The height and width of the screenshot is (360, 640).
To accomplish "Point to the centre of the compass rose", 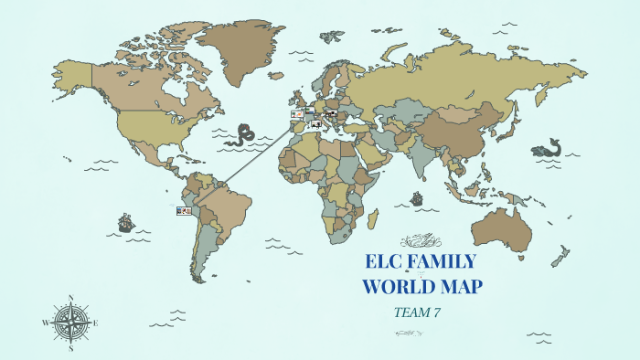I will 70,322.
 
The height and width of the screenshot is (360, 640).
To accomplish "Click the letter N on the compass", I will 70,298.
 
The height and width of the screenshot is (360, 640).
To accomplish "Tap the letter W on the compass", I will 45,323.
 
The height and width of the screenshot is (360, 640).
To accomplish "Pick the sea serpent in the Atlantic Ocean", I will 243,135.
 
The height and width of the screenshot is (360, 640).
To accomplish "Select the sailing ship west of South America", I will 125,222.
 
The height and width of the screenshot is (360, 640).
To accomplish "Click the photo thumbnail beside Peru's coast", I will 184,210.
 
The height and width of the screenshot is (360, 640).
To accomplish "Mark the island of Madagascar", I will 373,219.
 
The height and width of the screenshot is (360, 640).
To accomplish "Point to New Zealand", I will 560,259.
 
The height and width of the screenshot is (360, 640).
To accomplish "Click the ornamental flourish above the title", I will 421,241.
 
